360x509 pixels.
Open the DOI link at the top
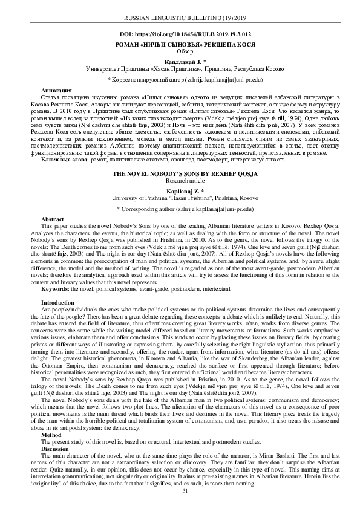point(180,36)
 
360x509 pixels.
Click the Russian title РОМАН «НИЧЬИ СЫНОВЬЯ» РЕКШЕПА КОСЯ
point(180,45)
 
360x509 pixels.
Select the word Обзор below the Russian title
point(180,52)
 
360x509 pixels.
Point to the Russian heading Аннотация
point(54,89)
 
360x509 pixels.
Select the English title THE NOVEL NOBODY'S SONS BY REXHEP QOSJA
point(180,173)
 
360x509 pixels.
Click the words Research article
point(180,180)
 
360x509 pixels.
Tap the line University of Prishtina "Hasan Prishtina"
point(180,197)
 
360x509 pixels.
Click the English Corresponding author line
point(180,208)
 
